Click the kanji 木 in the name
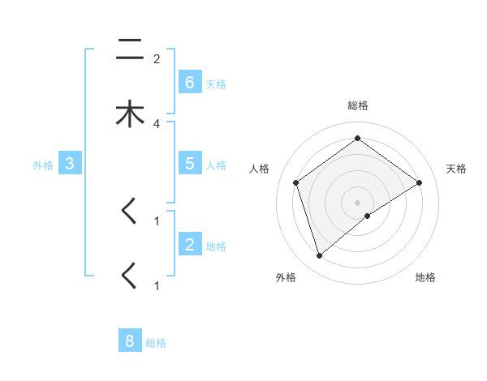click(129, 114)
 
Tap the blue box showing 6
click(190, 83)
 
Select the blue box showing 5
click(190, 164)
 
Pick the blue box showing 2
click(190, 245)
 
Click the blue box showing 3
click(70, 164)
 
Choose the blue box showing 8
click(130, 341)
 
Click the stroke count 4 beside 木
click(157, 123)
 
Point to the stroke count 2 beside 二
click(157, 58)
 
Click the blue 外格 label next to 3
click(43, 165)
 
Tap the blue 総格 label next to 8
click(156, 343)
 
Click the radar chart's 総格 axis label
click(357, 105)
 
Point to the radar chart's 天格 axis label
click(457, 169)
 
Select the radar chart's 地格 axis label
click(425, 277)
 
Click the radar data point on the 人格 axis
click(295, 182)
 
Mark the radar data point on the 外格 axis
click(319, 256)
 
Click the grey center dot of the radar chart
click(357, 202)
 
